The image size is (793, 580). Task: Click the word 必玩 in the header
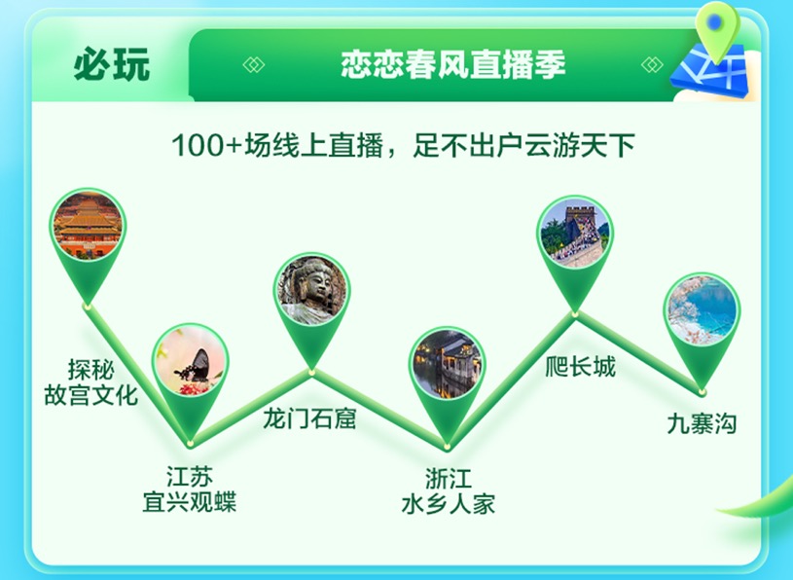(112, 64)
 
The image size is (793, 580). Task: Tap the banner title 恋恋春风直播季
(453, 65)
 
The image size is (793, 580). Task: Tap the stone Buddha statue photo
(312, 290)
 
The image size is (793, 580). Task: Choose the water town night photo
(447, 364)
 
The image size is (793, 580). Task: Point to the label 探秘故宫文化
(91, 382)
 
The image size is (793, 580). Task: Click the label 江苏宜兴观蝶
(190, 489)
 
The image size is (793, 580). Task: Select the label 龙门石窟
(309, 418)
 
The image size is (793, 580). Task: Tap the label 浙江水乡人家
(449, 491)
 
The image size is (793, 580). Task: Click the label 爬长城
(580, 366)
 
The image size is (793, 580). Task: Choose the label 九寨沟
(702, 423)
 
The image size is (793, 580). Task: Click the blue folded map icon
(709, 71)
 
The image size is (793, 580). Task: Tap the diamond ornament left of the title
(254, 65)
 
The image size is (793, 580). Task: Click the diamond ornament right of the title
(652, 65)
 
